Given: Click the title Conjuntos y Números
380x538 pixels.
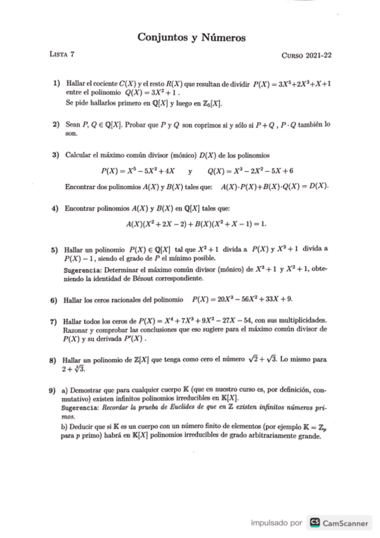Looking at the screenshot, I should tap(191, 39).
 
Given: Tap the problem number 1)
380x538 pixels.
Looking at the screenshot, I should tap(56, 83).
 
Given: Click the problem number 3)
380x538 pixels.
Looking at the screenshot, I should tap(56, 155).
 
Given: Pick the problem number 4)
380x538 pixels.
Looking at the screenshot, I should tap(56, 209).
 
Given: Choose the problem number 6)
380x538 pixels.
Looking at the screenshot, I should tap(56, 299).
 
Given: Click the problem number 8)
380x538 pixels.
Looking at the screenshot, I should tap(56, 360).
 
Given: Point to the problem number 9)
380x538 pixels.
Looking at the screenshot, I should tap(56, 389).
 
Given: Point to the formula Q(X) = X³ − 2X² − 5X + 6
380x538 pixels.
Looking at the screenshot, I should tap(250, 171).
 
